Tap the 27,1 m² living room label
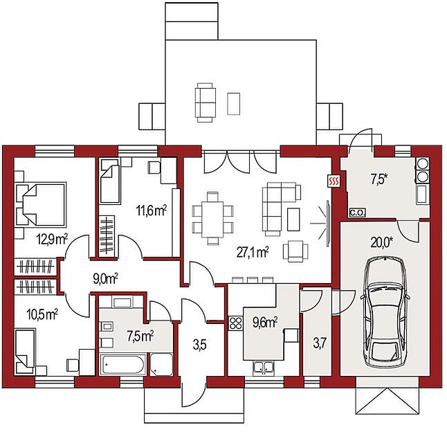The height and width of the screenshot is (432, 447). (x=253, y=253)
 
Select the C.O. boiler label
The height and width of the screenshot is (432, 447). (x=358, y=213)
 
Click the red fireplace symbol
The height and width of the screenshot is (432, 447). (x=334, y=181)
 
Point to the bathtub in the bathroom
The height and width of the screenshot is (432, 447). (x=122, y=364)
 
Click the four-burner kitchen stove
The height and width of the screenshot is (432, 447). (x=235, y=323)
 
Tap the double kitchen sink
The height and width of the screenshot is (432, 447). (x=264, y=368)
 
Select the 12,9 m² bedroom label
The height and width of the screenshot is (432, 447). (x=52, y=240)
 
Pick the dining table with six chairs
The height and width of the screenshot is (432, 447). (x=212, y=219)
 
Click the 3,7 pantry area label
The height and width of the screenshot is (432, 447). (x=320, y=343)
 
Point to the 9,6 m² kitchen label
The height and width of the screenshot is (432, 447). (x=266, y=323)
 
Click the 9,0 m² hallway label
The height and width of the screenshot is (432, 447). (x=105, y=279)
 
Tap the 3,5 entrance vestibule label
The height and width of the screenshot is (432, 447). (x=199, y=345)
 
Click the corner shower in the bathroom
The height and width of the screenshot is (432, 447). (x=161, y=364)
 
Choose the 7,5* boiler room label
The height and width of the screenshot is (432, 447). (x=379, y=180)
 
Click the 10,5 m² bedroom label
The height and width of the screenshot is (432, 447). (x=42, y=315)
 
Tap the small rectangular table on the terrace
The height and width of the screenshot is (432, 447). (x=233, y=104)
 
